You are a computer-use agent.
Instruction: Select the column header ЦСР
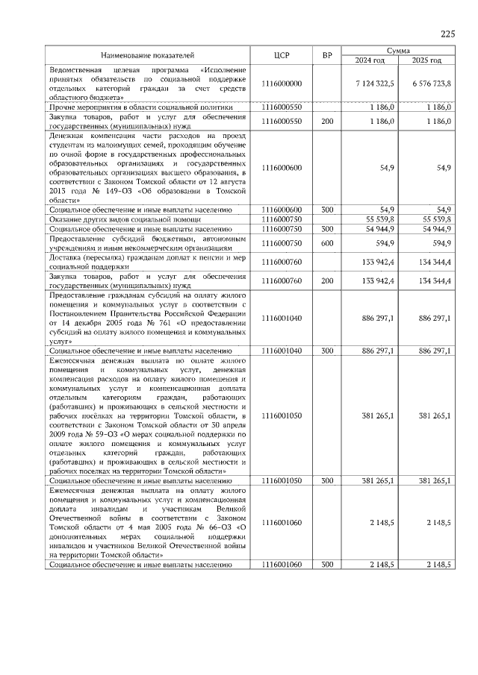[282, 55]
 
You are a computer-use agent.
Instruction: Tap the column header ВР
[327, 55]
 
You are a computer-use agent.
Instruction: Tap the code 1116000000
[282, 83]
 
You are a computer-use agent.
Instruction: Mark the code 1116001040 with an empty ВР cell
[282, 317]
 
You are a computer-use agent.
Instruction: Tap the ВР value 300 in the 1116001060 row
[327, 565]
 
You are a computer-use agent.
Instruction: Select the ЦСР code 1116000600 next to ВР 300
[282, 210]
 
